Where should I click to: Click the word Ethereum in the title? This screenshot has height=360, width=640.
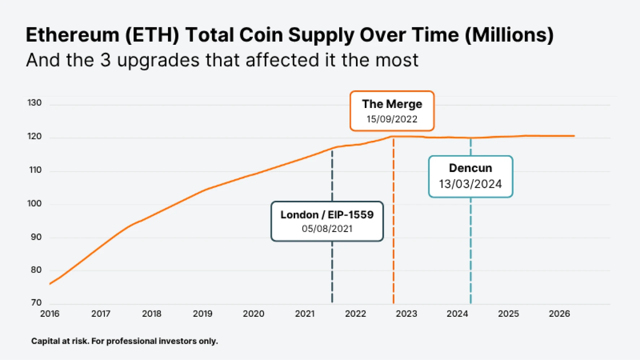(x=72, y=35)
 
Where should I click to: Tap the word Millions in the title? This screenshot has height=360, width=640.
(x=509, y=35)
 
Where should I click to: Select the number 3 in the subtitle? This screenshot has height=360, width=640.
(x=105, y=60)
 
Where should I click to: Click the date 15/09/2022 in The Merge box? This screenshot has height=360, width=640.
(x=392, y=119)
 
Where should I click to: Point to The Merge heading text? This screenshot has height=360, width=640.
(x=392, y=104)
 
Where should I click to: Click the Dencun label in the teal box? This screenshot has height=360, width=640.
(x=470, y=168)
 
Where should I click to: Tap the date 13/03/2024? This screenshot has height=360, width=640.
(x=470, y=184)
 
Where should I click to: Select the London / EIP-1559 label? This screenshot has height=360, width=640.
(x=327, y=214)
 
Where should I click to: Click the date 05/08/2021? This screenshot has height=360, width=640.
(x=327, y=229)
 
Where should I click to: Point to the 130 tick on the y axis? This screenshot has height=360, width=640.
(x=35, y=103)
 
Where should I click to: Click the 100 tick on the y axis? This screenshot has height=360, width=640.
(x=35, y=204)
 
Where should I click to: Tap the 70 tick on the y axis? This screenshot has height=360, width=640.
(x=36, y=303)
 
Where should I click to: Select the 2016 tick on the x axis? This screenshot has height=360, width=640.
(x=50, y=314)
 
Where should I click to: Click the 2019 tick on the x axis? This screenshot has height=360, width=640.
(x=203, y=314)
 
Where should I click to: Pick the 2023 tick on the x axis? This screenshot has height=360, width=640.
(x=406, y=314)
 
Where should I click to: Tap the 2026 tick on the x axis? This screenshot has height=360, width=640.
(x=559, y=314)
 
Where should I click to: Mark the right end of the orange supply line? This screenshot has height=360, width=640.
(x=574, y=136)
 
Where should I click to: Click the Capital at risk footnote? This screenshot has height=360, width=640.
(x=125, y=341)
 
